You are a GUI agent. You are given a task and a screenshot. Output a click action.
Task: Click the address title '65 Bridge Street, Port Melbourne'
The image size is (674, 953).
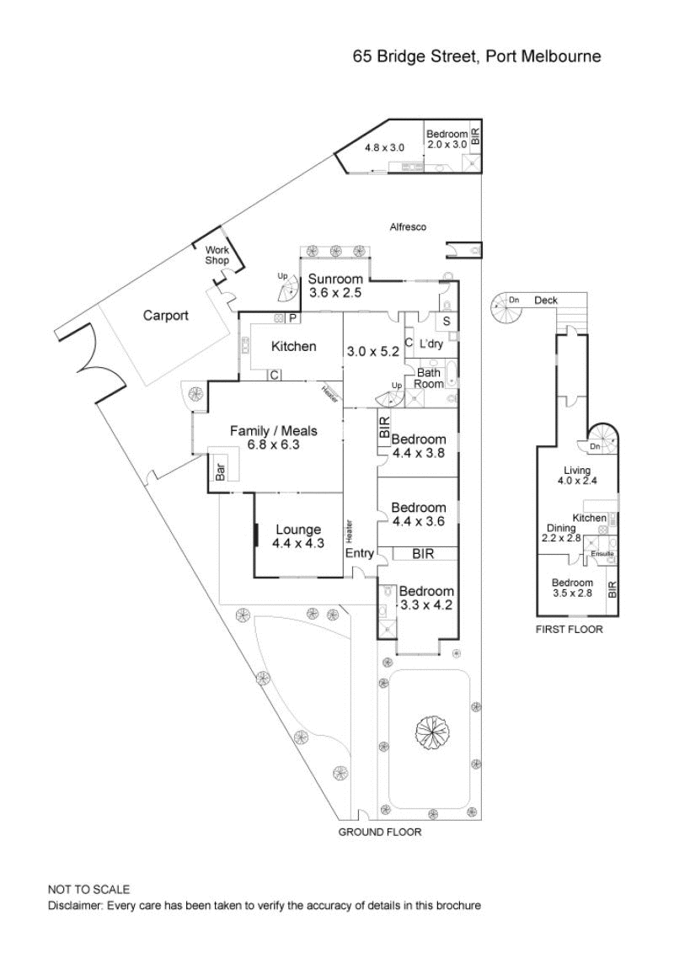(x=477, y=56)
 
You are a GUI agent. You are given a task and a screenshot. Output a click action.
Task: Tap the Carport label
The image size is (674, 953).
(x=165, y=316)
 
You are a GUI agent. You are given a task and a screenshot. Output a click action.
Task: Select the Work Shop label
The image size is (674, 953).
(x=217, y=255)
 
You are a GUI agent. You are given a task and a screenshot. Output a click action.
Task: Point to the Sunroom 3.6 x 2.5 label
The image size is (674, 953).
(x=335, y=285)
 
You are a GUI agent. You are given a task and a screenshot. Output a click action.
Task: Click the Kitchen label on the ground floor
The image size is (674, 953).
(x=294, y=347)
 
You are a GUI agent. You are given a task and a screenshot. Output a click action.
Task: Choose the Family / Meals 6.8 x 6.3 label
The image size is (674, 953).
(x=274, y=438)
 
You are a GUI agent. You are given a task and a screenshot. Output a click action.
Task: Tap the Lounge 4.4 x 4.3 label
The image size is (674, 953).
(x=298, y=536)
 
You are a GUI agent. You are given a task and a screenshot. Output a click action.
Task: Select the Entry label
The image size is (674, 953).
(x=360, y=553)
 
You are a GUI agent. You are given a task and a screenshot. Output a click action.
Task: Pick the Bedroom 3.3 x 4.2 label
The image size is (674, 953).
(x=426, y=598)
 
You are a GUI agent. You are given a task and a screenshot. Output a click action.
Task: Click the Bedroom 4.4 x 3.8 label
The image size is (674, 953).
(x=419, y=445)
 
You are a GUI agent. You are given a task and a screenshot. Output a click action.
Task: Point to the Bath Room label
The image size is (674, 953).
(x=429, y=379)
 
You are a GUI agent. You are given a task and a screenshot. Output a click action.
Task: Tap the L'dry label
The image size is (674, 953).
(x=431, y=344)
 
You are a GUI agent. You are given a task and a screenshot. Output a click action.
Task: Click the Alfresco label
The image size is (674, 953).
(x=408, y=227)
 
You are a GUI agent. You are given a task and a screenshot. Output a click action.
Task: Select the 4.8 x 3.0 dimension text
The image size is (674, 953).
(x=384, y=147)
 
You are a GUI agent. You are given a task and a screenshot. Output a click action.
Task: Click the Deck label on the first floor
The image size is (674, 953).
(x=546, y=301)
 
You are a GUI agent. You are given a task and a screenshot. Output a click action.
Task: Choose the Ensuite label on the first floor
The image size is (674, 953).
(x=602, y=554)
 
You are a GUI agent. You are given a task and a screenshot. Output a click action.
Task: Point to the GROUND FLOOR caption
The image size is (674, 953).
(x=380, y=832)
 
